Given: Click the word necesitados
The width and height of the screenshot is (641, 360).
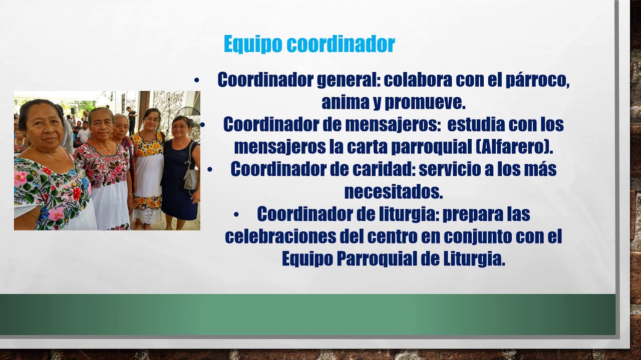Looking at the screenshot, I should [393, 191].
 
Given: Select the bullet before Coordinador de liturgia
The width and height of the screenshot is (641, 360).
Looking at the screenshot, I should [236, 214].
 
